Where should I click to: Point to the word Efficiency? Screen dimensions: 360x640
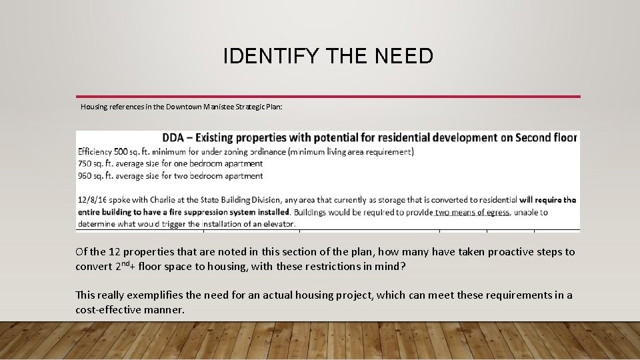click(95, 151)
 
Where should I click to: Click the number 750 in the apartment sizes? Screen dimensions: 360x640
click(85, 163)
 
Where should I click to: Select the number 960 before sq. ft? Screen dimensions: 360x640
click(85, 176)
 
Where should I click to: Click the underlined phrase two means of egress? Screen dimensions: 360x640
click(473, 212)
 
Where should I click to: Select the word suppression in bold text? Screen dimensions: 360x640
click(197, 212)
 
